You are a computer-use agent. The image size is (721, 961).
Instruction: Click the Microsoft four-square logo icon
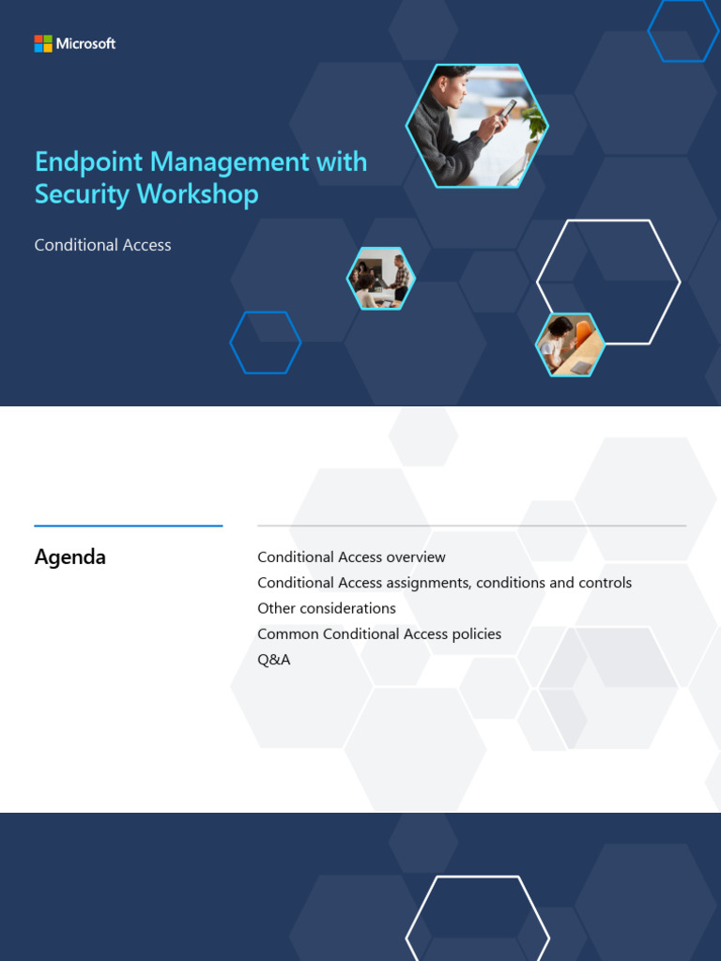coord(42,43)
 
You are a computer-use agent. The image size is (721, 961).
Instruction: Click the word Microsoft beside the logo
coord(85,43)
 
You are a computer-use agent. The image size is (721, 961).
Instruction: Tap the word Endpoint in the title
coord(89,162)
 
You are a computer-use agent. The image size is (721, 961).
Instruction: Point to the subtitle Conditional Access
coord(102,245)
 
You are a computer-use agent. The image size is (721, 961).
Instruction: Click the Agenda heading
coord(69,557)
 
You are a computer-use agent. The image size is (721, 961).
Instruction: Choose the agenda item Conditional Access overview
coord(351,557)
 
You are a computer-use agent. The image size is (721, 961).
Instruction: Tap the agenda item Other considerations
coord(326,608)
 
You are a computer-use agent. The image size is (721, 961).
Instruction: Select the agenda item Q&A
coord(273,660)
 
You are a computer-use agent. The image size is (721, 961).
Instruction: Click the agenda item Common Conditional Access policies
coord(379,634)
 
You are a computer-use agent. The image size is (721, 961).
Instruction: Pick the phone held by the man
coord(508,109)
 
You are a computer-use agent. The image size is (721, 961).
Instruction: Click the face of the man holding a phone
coord(452,89)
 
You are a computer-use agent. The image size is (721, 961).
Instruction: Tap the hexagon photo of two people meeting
coord(381,279)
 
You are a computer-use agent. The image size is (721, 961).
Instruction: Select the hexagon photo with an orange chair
coord(571,344)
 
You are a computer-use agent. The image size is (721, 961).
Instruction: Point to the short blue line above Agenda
coord(128,526)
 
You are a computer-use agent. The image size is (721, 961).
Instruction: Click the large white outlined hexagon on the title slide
coord(608,282)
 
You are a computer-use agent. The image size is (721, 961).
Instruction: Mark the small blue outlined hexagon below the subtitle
coord(266,343)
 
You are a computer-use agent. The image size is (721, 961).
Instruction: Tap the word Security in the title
coord(84,194)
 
